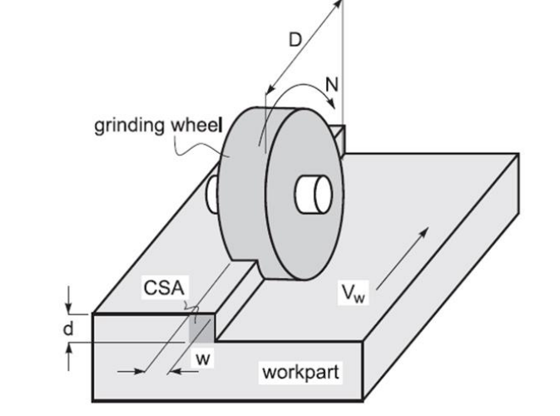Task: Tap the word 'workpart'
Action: [x=300, y=371]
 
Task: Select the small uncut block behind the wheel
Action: [x=342, y=131]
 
